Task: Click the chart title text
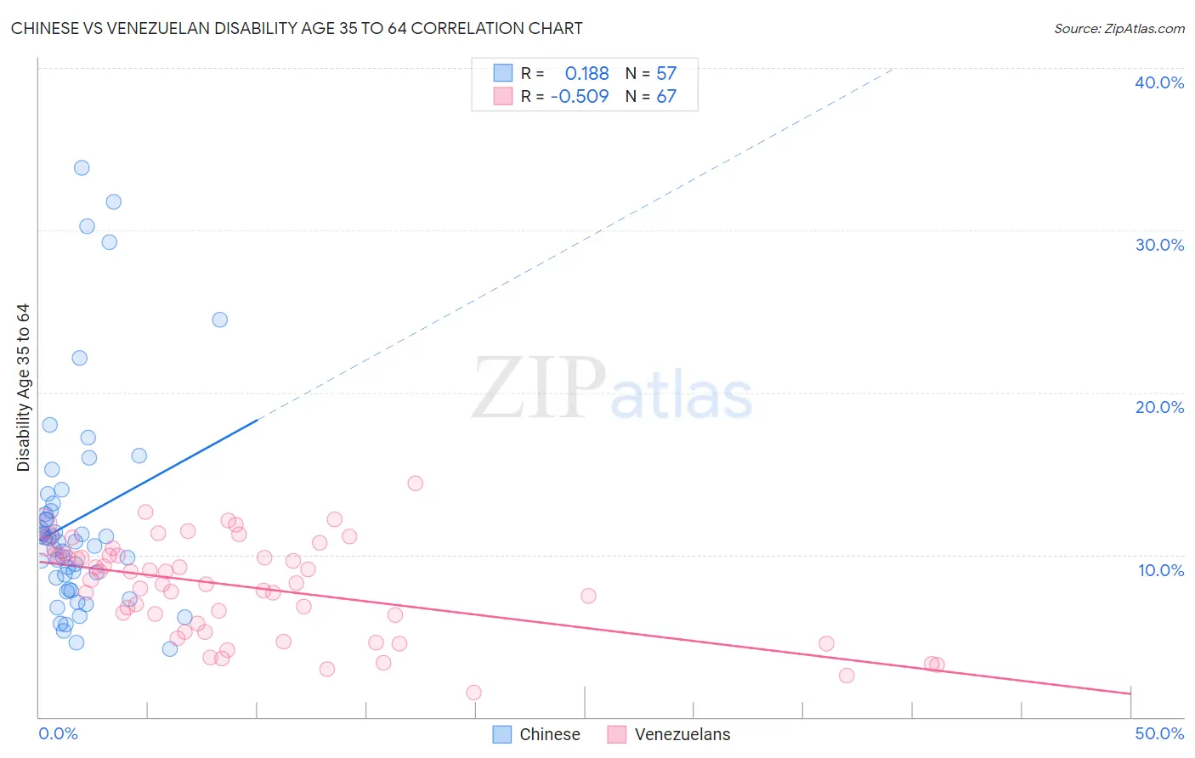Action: (x=297, y=28)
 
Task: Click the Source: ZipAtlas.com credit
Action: (x=1119, y=28)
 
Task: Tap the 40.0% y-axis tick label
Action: (x=1159, y=82)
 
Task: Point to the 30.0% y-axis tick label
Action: (x=1159, y=245)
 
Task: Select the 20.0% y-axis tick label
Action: (x=1159, y=407)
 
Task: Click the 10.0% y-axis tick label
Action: (x=1161, y=570)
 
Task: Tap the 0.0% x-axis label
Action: (x=58, y=733)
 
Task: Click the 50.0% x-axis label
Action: (x=1159, y=733)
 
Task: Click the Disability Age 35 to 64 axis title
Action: (x=23, y=387)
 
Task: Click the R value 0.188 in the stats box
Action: (x=586, y=74)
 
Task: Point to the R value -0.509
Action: (x=580, y=96)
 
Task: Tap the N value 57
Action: (x=666, y=74)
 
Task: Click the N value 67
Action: (x=666, y=96)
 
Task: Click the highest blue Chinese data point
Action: (x=82, y=168)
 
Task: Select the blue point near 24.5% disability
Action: (x=220, y=320)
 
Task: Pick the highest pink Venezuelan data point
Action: (x=415, y=484)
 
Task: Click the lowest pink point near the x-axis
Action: (x=473, y=693)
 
